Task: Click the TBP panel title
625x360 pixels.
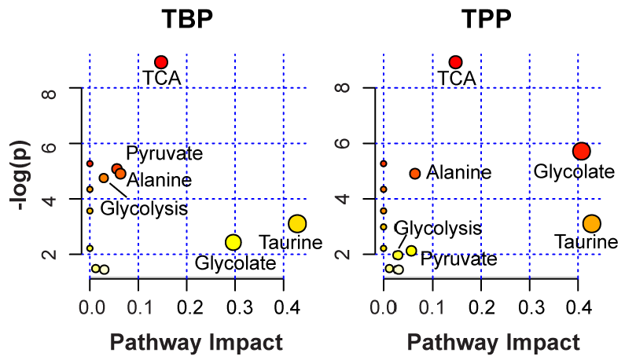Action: tap(187, 19)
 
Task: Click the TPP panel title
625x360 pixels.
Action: tap(480, 19)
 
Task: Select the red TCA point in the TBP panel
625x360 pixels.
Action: tap(161, 62)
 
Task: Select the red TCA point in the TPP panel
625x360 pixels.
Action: tap(454, 62)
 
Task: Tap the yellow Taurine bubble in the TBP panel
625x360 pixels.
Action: tap(296, 223)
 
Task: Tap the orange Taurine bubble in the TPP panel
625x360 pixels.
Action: tap(591, 223)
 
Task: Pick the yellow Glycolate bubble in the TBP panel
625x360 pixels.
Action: tap(233, 242)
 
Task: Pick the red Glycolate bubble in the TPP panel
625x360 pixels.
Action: tap(581, 151)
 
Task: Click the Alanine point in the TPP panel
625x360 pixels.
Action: tap(414, 173)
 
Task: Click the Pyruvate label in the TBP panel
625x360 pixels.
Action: tap(164, 153)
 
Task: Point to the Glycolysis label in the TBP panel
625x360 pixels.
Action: tap(145, 209)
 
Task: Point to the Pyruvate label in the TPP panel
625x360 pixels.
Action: tap(458, 259)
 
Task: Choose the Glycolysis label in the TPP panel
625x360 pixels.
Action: tap(437, 228)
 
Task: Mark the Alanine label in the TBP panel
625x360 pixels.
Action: tap(159, 181)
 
